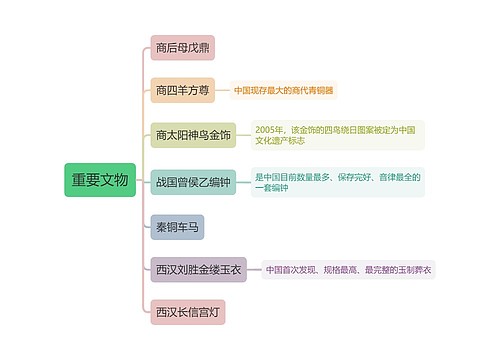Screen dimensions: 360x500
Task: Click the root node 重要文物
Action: point(100,180)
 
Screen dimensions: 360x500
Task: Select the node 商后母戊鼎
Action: point(182,48)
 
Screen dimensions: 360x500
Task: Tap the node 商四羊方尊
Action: point(182,91)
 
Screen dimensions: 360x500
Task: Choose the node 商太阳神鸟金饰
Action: point(193,135)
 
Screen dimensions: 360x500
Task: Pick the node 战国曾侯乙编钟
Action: point(193,182)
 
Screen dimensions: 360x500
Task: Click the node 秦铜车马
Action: point(177,227)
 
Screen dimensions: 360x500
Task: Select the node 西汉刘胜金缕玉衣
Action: point(198,269)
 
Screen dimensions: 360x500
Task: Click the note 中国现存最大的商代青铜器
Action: point(284,91)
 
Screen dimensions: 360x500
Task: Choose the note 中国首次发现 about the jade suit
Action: point(349,269)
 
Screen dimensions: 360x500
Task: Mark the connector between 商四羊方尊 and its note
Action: point(222,91)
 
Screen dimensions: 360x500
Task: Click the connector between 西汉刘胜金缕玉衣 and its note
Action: point(254,269)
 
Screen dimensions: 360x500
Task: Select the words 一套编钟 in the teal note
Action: point(271,188)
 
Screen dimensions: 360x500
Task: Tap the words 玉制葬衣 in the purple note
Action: point(415,269)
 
